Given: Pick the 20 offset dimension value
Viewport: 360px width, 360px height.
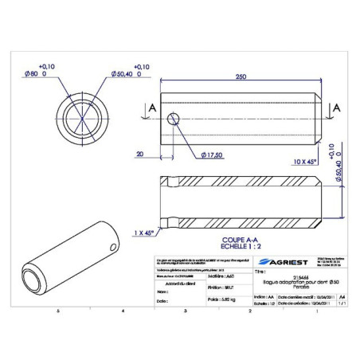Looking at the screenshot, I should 140,154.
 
